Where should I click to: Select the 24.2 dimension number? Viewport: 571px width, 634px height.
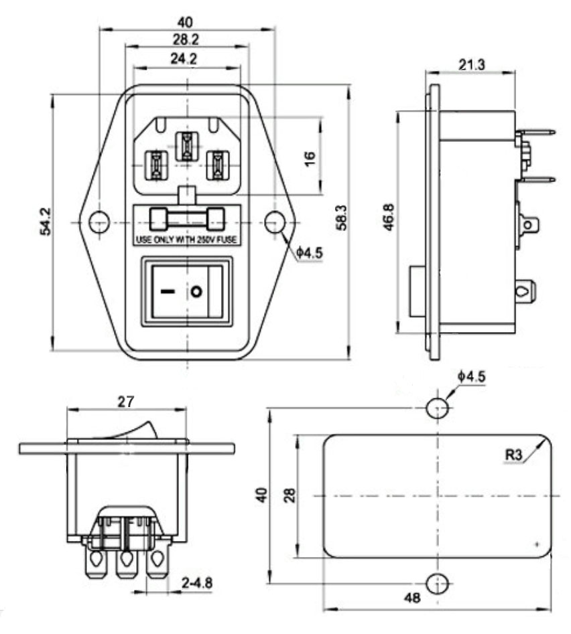tap(183, 60)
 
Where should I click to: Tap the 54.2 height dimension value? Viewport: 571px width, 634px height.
tap(45, 221)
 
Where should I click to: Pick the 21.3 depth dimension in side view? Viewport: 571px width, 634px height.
tap(473, 64)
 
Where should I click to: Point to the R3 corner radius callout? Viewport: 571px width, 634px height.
tap(513, 455)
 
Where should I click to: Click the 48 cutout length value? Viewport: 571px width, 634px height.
tap(413, 598)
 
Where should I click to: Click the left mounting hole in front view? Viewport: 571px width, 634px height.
tap(99, 222)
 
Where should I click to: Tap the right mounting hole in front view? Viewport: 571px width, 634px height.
tap(273, 222)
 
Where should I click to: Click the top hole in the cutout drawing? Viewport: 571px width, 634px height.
tap(437, 407)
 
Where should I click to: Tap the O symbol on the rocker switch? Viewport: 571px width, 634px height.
tap(196, 292)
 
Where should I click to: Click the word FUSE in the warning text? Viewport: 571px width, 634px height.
tap(229, 239)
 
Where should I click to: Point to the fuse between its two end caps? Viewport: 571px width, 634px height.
tap(187, 218)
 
